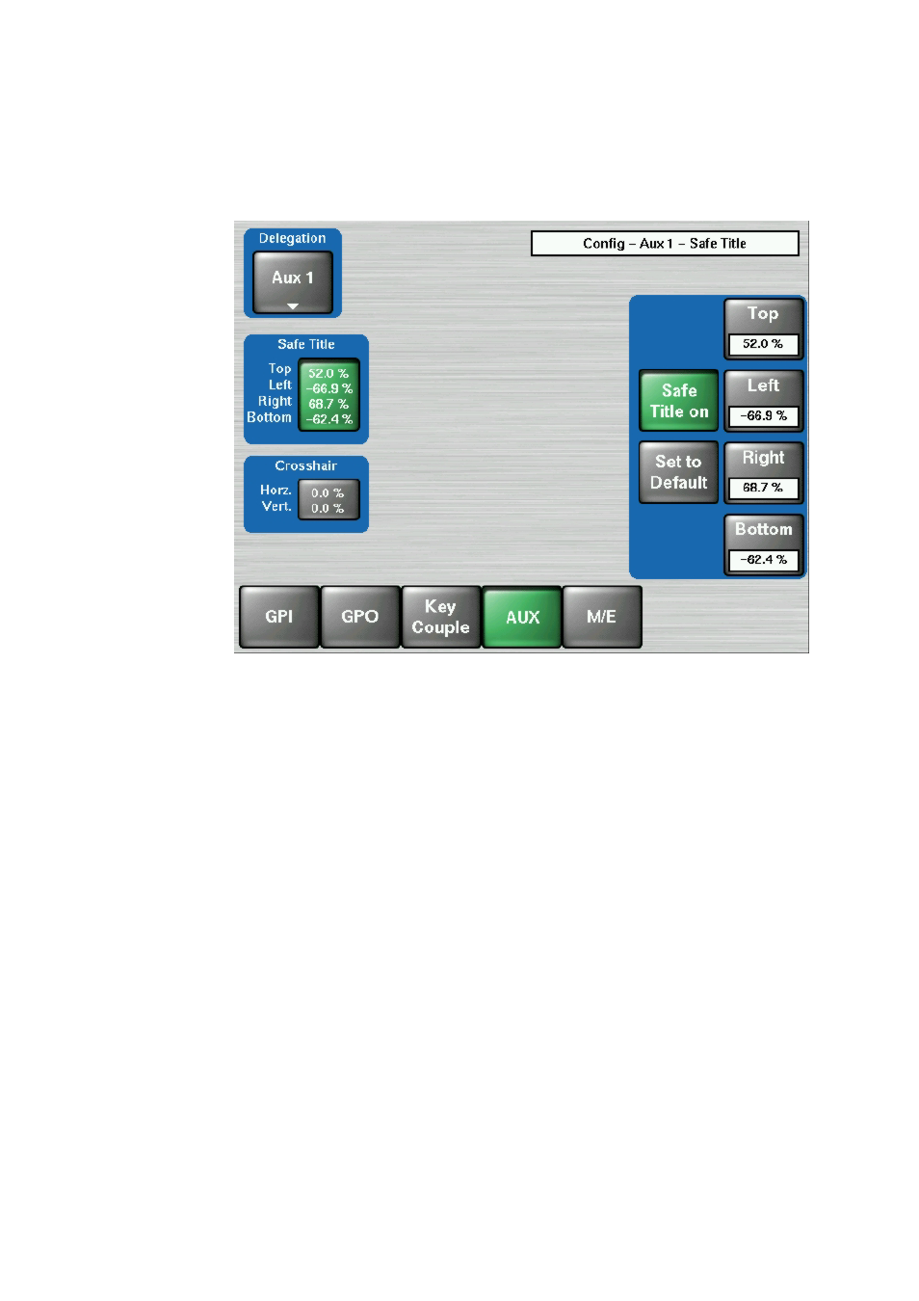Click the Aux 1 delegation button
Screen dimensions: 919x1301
click(292, 282)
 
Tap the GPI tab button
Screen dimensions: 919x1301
click(278, 616)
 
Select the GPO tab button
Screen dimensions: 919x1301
click(359, 616)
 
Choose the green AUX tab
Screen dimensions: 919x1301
click(522, 616)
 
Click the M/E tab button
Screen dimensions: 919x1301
click(602, 616)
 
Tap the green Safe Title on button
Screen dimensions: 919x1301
click(678, 401)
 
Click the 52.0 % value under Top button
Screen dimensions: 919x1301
click(763, 344)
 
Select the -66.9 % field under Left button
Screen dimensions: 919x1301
click(763, 416)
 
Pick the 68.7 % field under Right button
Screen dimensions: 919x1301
click(763, 488)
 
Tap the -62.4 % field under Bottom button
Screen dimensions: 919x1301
click(763, 560)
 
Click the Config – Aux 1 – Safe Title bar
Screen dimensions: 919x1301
click(665, 244)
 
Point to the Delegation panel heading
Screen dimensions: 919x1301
click(292, 238)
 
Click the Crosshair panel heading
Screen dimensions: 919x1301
click(305, 465)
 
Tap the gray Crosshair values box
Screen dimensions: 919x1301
click(328, 499)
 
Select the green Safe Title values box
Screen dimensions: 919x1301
click(328, 395)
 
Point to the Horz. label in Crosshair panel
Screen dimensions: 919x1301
click(276, 491)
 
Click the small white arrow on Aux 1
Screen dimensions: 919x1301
click(293, 305)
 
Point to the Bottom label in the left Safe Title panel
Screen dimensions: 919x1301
click(269, 417)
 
